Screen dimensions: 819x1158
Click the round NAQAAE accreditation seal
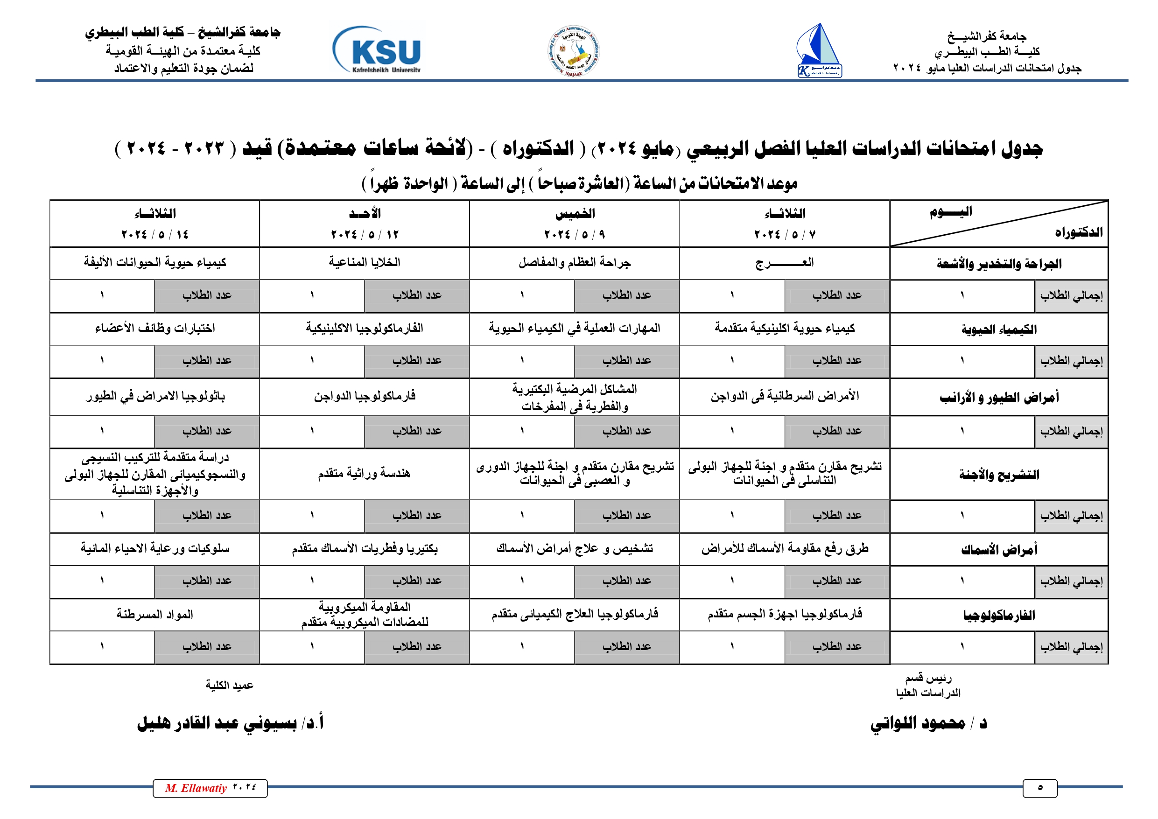574,51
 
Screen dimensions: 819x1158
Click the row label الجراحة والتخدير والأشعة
999,264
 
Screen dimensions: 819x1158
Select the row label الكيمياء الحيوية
999,329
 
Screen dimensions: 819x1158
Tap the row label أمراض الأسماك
999,550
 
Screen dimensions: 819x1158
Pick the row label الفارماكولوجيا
999,615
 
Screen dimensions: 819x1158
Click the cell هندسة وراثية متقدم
364,474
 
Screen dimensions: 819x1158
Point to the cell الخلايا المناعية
364,262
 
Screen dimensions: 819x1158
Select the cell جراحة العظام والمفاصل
575,262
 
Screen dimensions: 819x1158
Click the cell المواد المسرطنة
155,614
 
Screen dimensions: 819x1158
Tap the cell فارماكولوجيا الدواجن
364,396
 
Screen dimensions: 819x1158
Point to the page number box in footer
1039,788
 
